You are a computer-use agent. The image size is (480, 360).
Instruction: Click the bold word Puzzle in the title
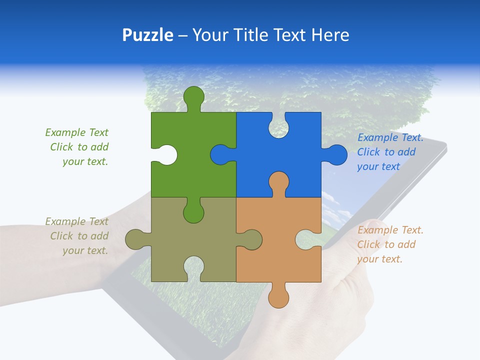point(147,35)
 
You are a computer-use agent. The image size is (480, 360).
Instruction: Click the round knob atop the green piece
point(193,96)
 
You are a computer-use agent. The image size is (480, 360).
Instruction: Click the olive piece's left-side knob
point(135,239)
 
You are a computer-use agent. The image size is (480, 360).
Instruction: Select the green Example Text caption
point(77,147)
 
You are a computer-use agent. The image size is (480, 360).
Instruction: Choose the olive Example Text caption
point(77,236)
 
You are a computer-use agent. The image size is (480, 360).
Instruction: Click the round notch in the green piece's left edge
point(167,154)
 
